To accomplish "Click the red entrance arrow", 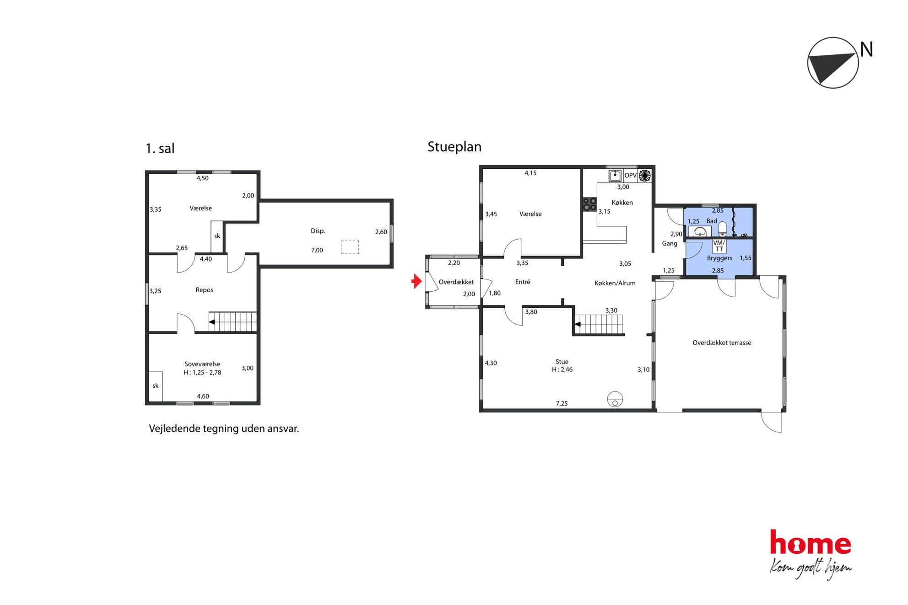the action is pos(416,281).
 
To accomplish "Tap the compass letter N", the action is pos(866,49).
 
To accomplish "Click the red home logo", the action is pos(811,543).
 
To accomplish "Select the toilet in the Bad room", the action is pos(722,228).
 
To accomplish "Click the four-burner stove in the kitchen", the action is pos(589,204).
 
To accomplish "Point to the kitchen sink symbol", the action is pos(615,176).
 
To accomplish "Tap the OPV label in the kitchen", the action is pos(630,176).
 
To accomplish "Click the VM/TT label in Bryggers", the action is pos(719,246).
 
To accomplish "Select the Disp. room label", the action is pos(318,231).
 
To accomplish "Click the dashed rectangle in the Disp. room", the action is pos(350,247).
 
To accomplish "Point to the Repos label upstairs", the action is pos(204,290).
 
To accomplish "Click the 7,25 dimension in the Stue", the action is pos(562,403).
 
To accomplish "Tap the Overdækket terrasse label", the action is pos(722,343).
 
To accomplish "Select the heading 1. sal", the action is pos(160,148).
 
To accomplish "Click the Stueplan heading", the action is pos(454,147).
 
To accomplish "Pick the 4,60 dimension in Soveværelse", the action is pos(203,396).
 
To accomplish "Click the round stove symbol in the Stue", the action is pos(615,399).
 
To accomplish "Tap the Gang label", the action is pos(670,243).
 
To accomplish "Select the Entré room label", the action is pos(523,282).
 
